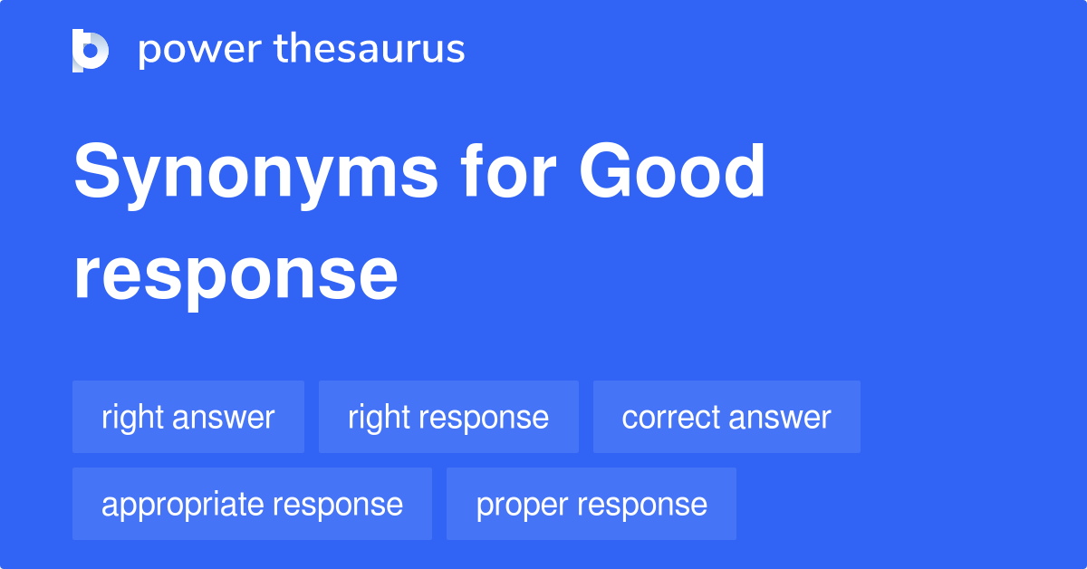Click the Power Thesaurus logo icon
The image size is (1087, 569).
[x=91, y=50]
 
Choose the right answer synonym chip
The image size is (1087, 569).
[x=188, y=417]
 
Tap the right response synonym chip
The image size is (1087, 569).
[x=448, y=417]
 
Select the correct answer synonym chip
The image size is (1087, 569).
[x=726, y=417]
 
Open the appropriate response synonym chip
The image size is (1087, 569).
[x=252, y=504]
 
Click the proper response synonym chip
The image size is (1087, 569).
[x=592, y=504]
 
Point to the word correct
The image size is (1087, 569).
[x=671, y=417]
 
